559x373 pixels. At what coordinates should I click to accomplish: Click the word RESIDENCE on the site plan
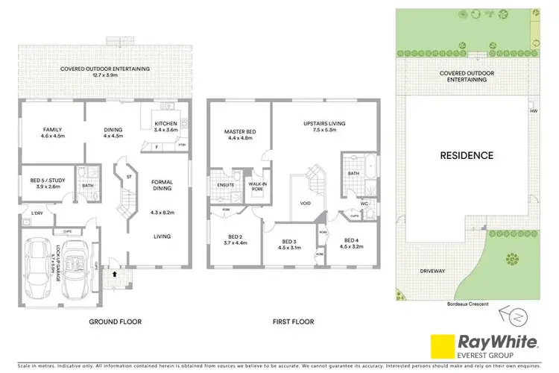(465, 155)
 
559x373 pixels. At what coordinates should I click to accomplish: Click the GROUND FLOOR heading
(115, 322)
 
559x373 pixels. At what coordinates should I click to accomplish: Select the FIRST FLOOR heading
(291, 322)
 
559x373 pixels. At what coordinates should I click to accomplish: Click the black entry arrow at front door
(114, 274)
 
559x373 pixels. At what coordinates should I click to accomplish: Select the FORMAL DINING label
(162, 186)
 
